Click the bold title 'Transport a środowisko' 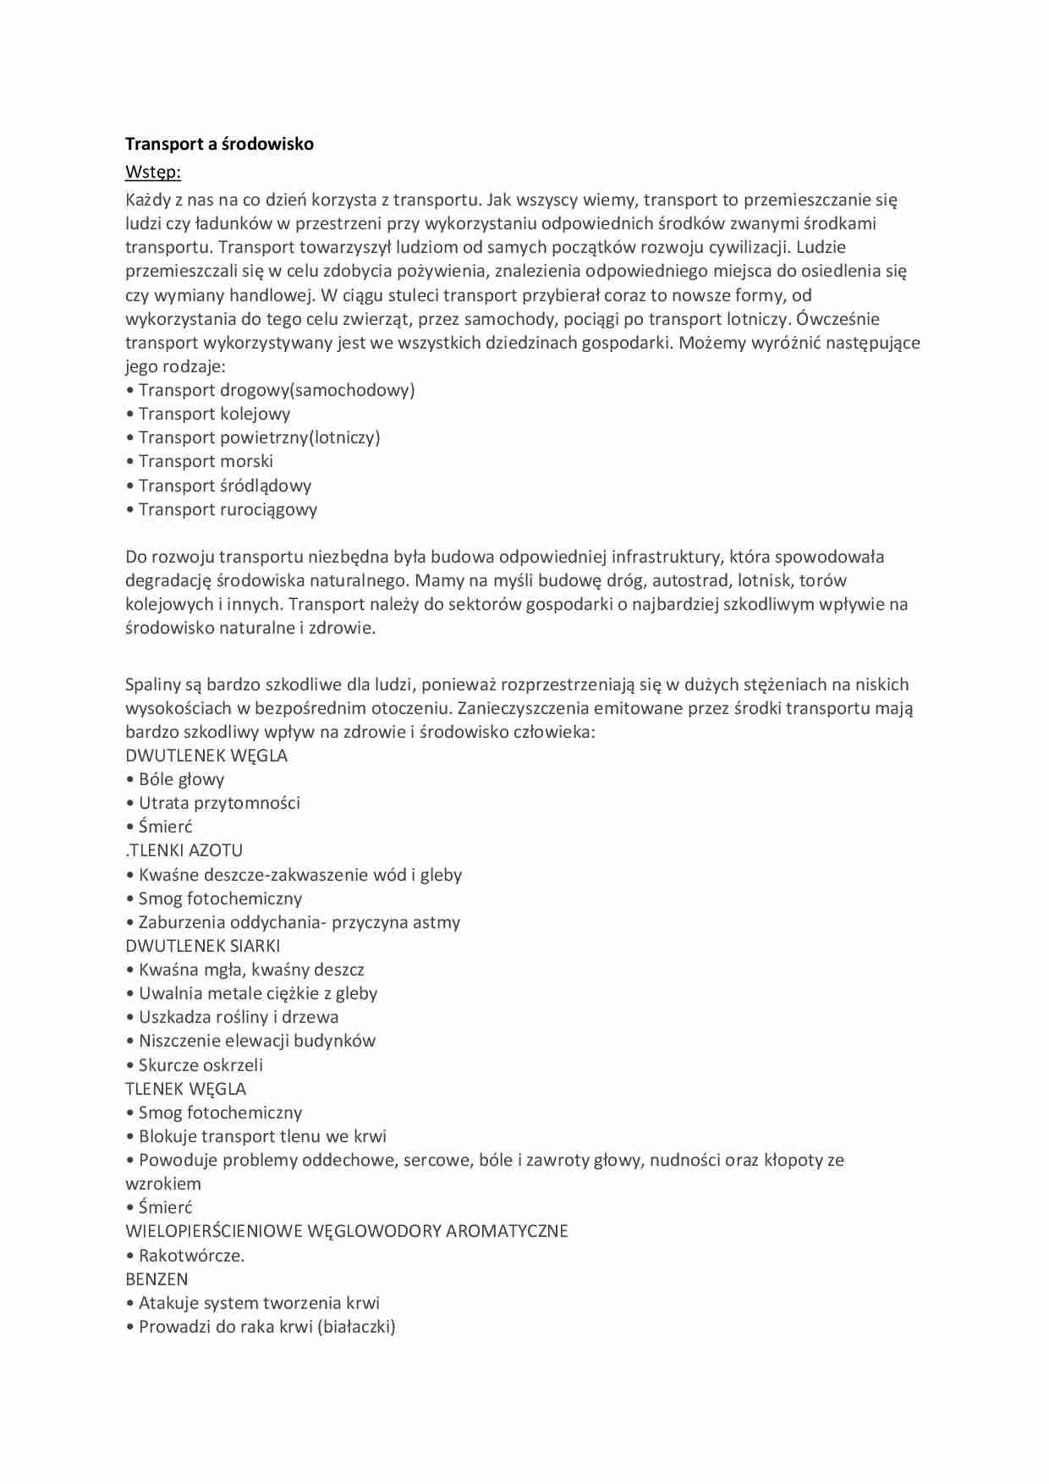(219, 144)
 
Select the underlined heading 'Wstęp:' (153, 172)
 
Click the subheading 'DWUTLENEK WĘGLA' (206, 756)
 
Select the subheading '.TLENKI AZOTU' (184, 850)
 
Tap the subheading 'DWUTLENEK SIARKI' (202, 946)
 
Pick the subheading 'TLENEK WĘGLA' (185, 1089)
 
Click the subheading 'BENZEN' (157, 1279)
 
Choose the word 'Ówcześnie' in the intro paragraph (838, 319)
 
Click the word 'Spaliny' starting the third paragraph (152, 684)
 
